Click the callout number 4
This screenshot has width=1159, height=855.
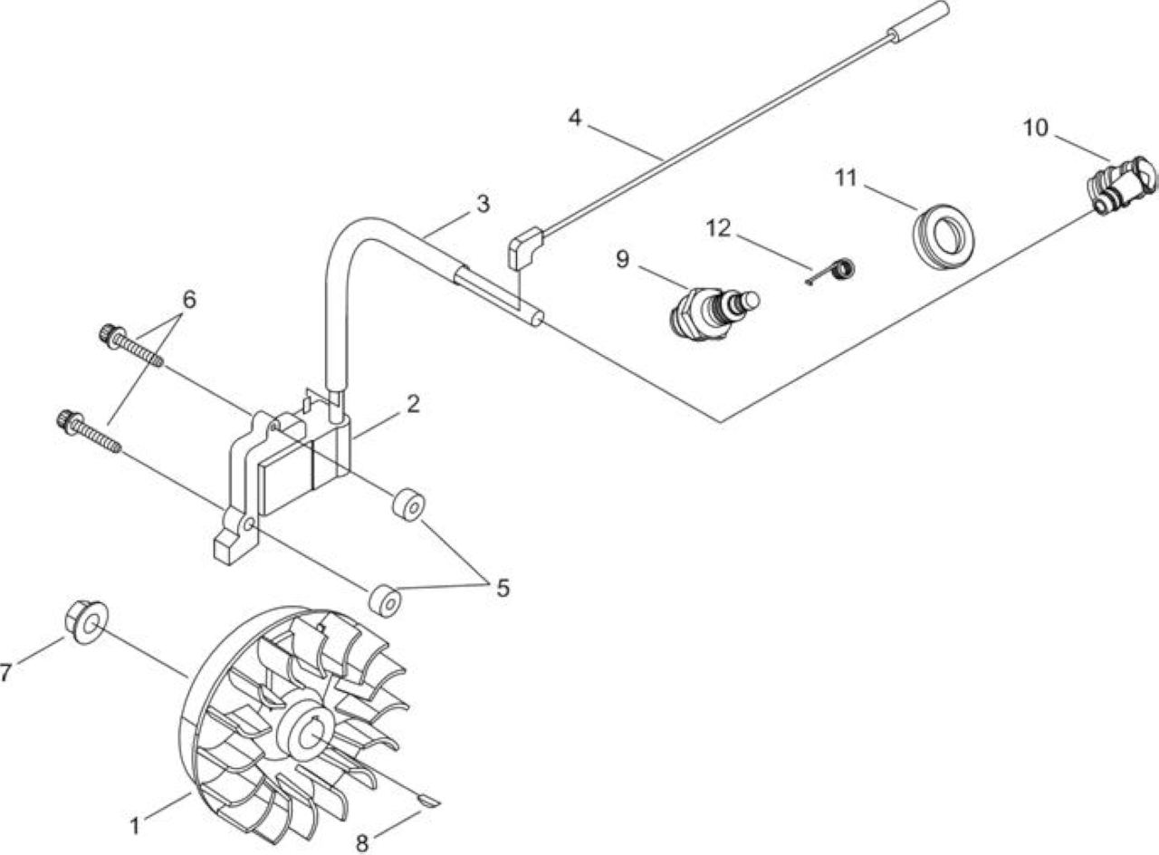575,118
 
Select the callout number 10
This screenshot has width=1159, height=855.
1035,128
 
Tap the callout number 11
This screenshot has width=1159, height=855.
846,178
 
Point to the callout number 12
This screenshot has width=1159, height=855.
718,228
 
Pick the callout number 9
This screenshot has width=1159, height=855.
622,259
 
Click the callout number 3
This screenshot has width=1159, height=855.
483,204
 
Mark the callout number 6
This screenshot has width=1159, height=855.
189,299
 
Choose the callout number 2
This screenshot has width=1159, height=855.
412,404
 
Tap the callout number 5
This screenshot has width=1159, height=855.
503,588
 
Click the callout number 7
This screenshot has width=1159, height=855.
5,673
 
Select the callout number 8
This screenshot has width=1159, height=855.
361,843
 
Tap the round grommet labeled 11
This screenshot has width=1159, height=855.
943,236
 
